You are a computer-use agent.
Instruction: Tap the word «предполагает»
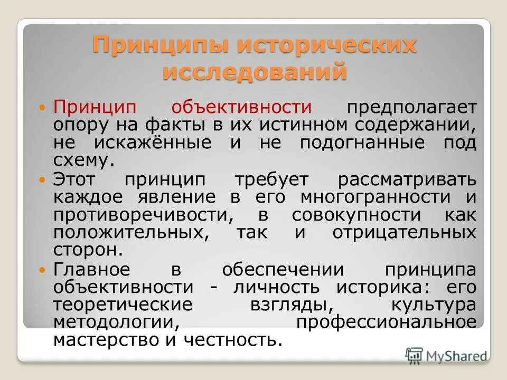[411, 108]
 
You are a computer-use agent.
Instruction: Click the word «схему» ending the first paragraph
[83, 161]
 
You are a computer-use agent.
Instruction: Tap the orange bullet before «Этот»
[44, 180]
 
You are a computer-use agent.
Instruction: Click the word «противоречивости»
[140, 215]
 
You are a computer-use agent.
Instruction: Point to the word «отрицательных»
[404, 233]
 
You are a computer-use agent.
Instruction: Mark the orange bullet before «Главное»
[44, 269]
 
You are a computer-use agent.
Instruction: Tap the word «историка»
[382, 287]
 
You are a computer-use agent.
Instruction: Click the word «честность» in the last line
[230, 340]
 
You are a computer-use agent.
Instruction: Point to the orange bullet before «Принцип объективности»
[44, 108]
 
